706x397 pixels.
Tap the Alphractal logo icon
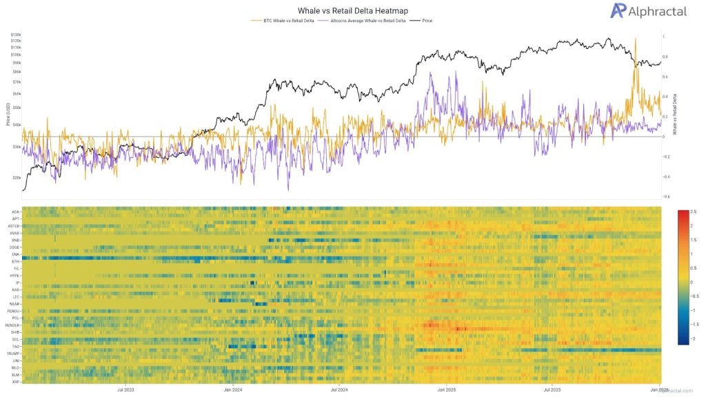(598, 10)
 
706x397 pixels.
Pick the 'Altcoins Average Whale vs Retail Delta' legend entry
(363, 21)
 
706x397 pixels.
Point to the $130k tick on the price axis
(15, 34)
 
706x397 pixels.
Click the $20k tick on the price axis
(16, 176)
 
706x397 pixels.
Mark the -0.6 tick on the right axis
(666, 196)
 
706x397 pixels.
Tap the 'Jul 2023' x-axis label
(126, 389)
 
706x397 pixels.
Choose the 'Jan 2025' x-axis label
(445, 389)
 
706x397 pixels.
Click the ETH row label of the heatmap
(16, 262)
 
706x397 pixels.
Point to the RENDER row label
(12, 325)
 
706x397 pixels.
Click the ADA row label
(15, 212)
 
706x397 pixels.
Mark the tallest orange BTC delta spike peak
(634, 39)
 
